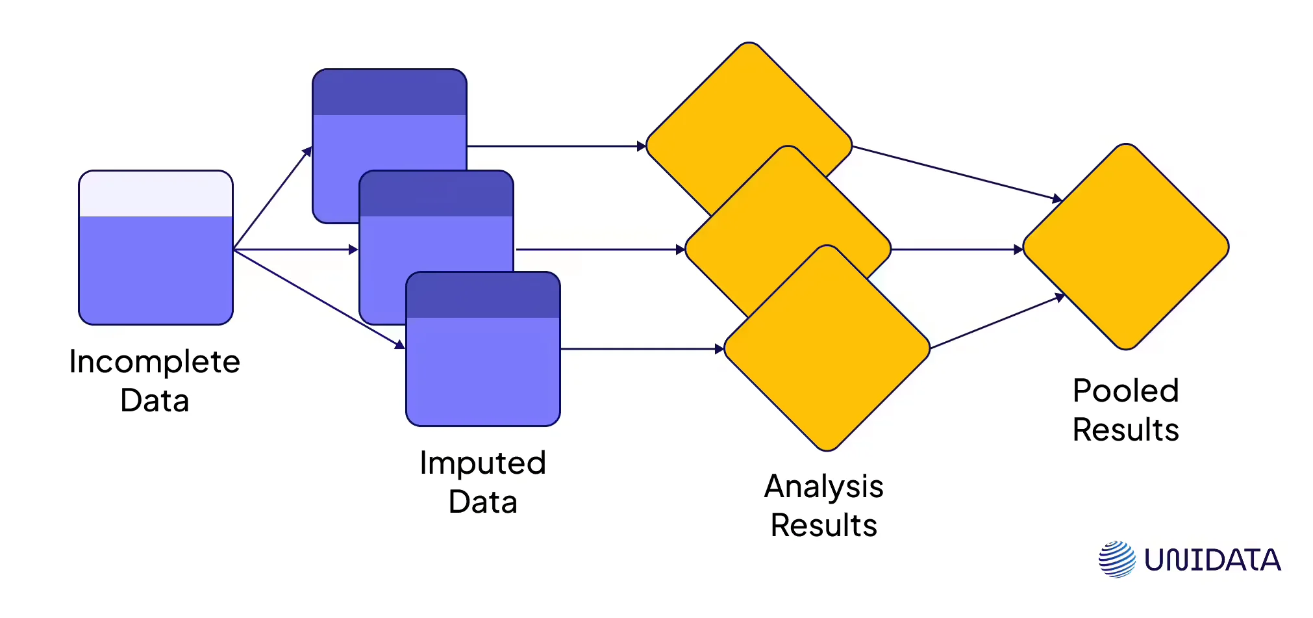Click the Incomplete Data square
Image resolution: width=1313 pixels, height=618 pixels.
pyautogui.click(x=156, y=248)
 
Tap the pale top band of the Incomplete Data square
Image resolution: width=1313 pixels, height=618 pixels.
pyautogui.click(x=156, y=194)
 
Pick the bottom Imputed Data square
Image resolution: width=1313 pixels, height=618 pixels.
pyautogui.click(x=483, y=349)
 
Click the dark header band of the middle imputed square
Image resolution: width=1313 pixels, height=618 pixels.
pyautogui.click(x=436, y=194)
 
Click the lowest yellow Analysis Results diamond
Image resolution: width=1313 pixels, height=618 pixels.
pyautogui.click(x=827, y=348)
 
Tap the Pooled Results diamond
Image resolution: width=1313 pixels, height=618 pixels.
pyautogui.click(x=1126, y=247)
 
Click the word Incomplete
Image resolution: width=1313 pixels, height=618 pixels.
pyautogui.click(x=155, y=362)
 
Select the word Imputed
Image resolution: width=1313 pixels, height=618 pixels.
pyautogui.click(x=482, y=463)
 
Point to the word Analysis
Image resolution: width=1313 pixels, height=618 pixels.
pyautogui.click(x=823, y=487)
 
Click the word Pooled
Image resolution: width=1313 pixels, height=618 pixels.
pyautogui.click(x=1125, y=391)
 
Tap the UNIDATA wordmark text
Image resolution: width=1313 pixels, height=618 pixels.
pyautogui.click(x=1212, y=560)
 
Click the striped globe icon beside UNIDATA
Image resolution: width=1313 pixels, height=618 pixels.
pyautogui.click(x=1117, y=559)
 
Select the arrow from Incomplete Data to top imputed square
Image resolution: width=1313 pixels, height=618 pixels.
pyautogui.click(x=273, y=198)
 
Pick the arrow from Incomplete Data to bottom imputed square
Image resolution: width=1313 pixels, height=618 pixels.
pyautogui.click(x=319, y=299)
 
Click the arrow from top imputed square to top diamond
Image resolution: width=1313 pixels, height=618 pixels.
pyautogui.click(x=556, y=146)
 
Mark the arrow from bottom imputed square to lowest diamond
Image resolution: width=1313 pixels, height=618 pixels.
pyautogui.click(x=642, y=349)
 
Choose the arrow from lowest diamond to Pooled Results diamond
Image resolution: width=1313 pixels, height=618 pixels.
pyautogui.click(x=998, y=322)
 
